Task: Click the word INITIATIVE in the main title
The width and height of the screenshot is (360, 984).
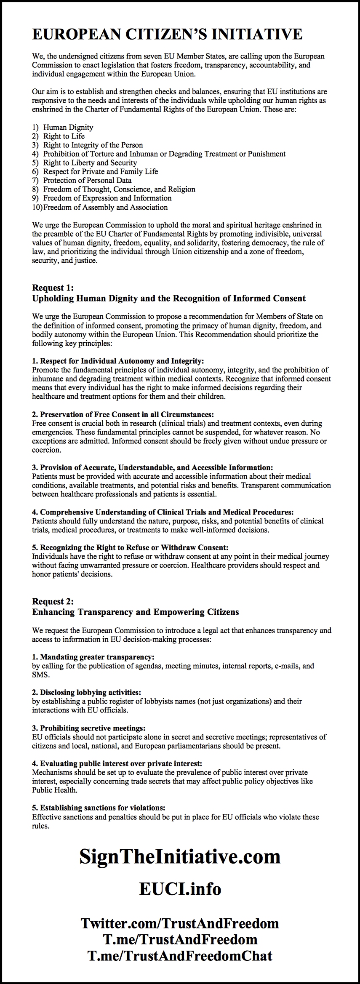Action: (256, 34)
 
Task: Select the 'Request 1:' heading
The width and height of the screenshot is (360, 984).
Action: (53, 288)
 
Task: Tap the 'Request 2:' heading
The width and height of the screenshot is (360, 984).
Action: (53, 601)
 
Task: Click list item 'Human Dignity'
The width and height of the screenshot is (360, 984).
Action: (68, 127)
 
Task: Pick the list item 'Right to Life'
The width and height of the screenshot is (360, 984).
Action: (64, 136)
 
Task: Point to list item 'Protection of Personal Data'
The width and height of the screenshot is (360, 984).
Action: (87, 180)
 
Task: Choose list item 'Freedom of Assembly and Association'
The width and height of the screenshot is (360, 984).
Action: (105, 207)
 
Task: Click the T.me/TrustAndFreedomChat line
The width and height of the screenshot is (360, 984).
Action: (180, 955)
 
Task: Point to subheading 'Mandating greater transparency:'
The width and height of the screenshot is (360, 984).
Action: (93, 657)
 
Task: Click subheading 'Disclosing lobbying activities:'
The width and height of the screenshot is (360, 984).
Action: (86, 692)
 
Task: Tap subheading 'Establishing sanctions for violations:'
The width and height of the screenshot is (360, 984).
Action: (99, 808)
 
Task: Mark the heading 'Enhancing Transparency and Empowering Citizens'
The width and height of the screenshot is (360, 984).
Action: (135, 612)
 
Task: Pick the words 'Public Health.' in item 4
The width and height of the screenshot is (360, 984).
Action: (54, 790)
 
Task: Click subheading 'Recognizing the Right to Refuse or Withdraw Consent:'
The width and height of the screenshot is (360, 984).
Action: (130, 547)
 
